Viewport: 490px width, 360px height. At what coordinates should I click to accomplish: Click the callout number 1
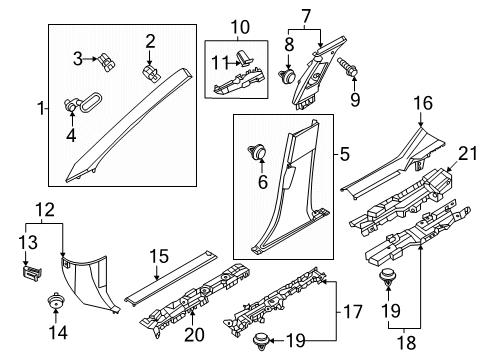[x=41, y=109]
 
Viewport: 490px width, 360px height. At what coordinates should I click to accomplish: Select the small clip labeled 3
[x=107, y=62]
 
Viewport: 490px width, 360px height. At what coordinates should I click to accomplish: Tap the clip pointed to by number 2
[x=152, y=74]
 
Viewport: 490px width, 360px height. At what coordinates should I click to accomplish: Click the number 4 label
[x=71, y=135]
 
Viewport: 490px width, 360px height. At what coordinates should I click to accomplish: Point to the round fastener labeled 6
[x=257, y=152]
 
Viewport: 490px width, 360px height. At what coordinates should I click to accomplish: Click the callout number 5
[x=344, y=155]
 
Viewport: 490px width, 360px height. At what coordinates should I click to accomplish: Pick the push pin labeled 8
[x=287, y=77]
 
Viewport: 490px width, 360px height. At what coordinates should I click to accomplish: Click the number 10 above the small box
[x=240, y=27]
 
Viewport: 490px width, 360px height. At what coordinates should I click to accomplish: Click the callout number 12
[x=45, y=210]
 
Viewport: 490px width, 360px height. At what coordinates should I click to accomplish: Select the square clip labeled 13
[x=32, y=273]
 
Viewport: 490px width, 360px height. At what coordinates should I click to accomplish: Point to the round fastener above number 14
[x=55, y=300]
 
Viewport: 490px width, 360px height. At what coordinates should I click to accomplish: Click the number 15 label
[x=159, y=256]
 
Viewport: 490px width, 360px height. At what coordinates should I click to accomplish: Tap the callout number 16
[x=423, y=103]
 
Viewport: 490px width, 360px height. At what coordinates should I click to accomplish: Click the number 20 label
[x=194, y=334]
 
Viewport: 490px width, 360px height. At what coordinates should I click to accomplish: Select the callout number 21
[x=468, y=154]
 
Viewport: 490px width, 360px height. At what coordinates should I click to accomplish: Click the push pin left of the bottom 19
[x=260, y=341]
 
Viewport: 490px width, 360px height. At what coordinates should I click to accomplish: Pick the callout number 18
[x=407, y=342]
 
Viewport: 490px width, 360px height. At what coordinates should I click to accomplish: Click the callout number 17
[x=353, y=312]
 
